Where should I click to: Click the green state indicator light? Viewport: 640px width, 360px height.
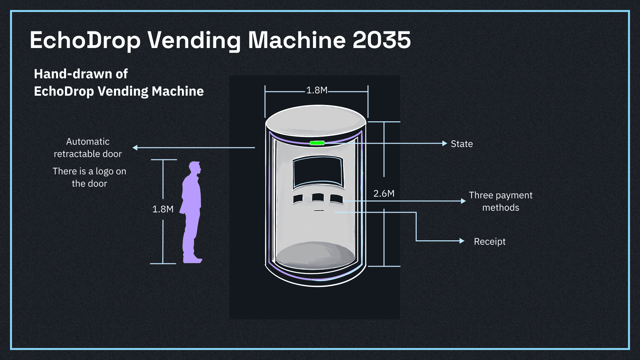[317, 143]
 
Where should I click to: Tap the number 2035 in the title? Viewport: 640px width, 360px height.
[381, 40]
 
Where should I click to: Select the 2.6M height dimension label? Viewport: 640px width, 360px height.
[384, 193]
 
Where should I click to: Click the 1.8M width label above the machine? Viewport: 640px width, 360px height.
[317, 90]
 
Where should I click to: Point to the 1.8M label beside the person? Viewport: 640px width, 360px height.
[163, 209]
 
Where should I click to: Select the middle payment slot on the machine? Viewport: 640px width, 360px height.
[318, 197]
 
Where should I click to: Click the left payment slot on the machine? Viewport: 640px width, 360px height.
[298, 199]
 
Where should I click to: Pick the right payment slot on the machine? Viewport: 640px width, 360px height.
[336, 199]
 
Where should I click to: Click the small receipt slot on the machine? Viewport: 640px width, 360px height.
[319, 211]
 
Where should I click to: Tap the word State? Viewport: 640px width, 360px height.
[462, 144]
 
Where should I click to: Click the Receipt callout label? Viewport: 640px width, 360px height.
[490, 241]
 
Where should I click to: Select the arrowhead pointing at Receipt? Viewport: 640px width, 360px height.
[462, 241]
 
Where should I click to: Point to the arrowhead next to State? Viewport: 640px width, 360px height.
[445, 143]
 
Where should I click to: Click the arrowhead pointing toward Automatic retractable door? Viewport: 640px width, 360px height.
[135, 147]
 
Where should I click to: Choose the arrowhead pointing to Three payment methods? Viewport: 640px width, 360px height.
[463, 201]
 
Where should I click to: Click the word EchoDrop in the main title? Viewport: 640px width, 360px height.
[85, 40]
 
